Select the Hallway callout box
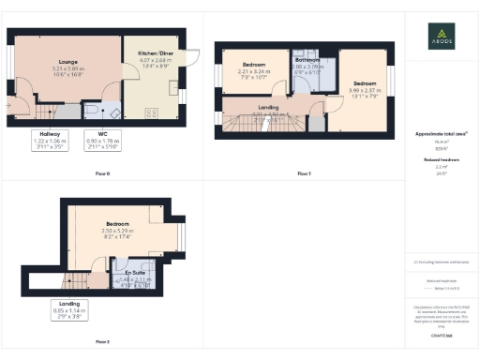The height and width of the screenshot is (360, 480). pos(51,141)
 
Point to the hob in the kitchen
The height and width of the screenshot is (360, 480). pos(152,112)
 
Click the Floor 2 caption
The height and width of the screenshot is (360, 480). pos(102,341)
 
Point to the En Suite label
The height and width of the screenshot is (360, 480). pos(123,272)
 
